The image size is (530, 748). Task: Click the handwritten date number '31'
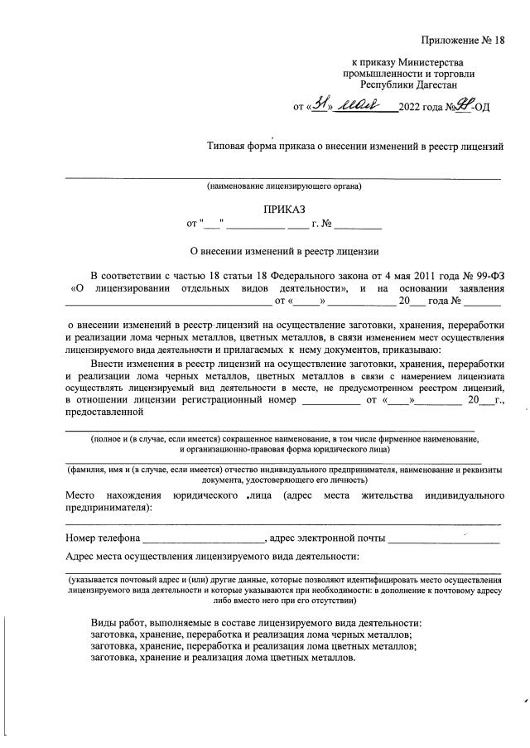[x=319, y=105]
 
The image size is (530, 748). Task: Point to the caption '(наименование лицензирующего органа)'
[x=284, y=186]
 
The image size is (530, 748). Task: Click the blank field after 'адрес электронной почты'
[x=444, y=539]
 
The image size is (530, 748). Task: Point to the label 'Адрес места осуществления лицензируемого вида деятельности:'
[x=212, y=557]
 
